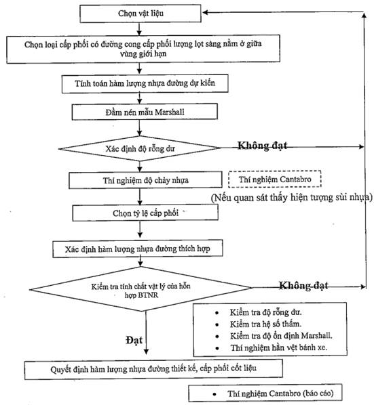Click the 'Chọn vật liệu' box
(141, 14)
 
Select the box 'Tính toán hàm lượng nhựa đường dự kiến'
(145, 83)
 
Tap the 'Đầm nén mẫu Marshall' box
(145, 112)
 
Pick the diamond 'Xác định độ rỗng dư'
(140, 148)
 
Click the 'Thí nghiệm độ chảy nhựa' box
(145, 180)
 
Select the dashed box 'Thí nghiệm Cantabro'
(275, 179)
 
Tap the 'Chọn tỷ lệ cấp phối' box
(145, 213)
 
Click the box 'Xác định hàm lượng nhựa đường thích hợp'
(138, 249)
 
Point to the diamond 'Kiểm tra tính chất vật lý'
(141, 289)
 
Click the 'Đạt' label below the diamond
(134, 340)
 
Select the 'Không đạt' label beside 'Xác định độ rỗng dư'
(263, 146)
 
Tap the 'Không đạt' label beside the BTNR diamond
(303, 285)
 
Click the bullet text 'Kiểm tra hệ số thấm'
(266, 324)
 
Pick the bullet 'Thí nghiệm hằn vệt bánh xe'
(279, 347)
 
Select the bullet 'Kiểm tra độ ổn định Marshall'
(281, 336)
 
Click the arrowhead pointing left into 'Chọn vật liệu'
(205, 12)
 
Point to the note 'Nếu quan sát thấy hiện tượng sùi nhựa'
(292, 198)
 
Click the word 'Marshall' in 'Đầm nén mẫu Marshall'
(170, 112)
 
